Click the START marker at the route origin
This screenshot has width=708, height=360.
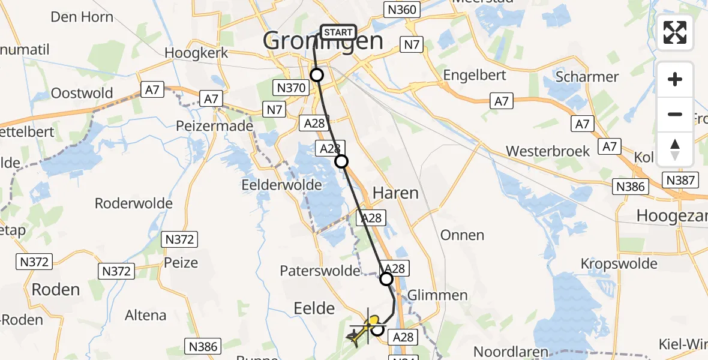pos(339,32)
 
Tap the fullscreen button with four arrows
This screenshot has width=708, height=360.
pos(675,32)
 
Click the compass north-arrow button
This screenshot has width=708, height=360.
pos(675,149)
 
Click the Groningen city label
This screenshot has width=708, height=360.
pos(323,41)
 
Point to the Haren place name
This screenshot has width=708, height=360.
pos(395,193)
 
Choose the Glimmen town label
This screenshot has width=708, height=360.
pos(437,295)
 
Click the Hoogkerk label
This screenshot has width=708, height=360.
pos(196,53)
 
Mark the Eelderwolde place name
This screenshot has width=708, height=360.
pos(281,184)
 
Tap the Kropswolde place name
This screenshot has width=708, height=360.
pos(619,263)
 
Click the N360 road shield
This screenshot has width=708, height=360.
pos(400,9)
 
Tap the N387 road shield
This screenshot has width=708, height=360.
pos(680,179)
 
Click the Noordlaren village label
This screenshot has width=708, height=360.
pos(511,352)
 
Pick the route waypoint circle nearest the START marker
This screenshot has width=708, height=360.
pos(316,75)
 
